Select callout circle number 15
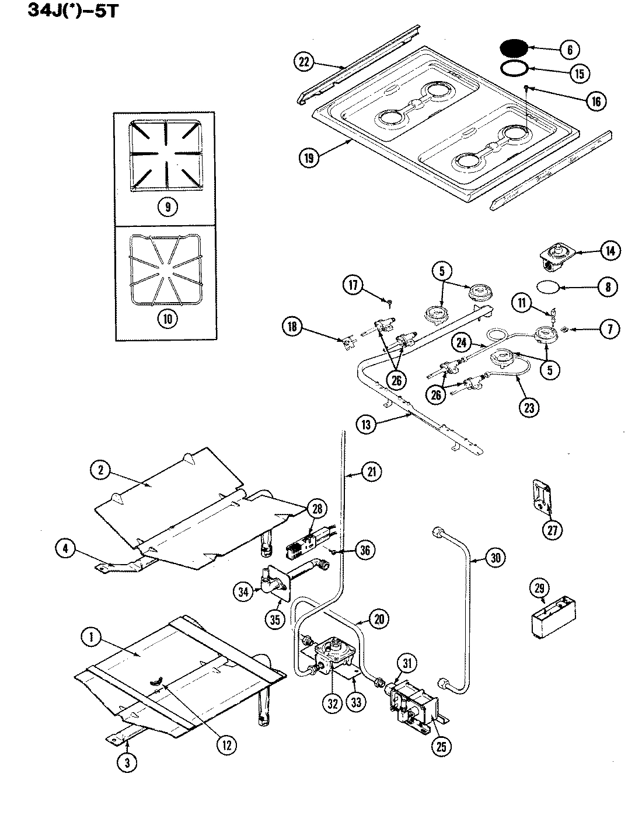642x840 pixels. [x=580, y=73]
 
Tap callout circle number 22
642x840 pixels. [x=305, y=62]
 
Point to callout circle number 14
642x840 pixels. [x=610, y=251]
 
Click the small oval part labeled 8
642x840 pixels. [x=547, y=286]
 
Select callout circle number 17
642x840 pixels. [x=354, y=285]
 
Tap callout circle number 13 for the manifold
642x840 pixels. [x=366, y=425]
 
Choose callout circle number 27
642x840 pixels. [x=553, y=530]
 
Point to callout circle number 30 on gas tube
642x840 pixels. [x=495, y=558]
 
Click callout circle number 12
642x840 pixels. [x=226, y=744]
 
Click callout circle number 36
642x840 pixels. [x=365, y=550]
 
